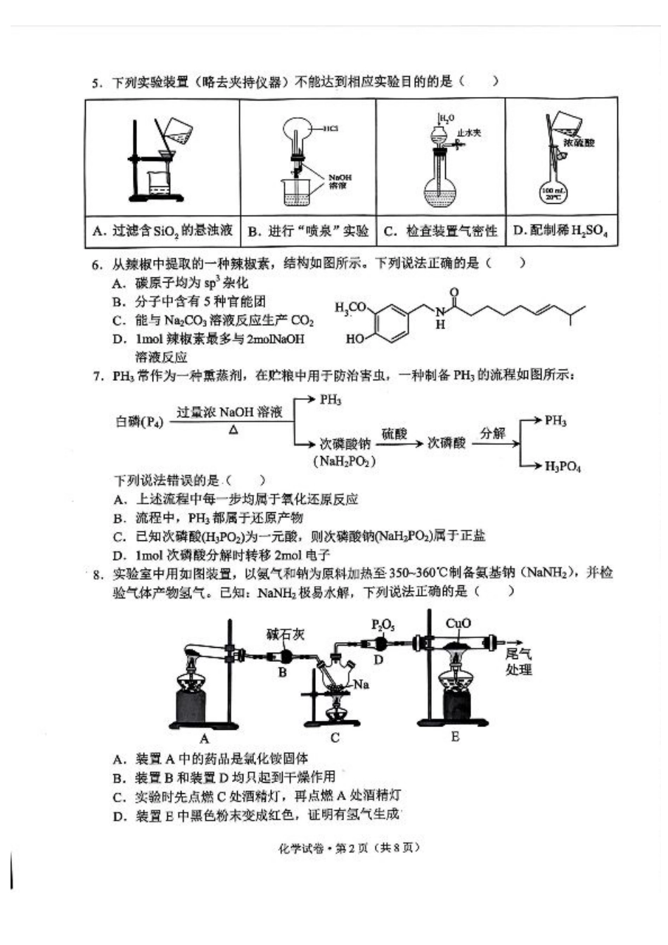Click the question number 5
[x=97, y=83]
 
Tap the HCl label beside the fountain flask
[x=330, y=129]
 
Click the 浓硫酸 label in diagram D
[x=579, y=142]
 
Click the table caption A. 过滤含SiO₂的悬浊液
[x=162, y=230]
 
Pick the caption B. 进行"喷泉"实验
[x=308, y=230]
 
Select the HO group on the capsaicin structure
[x=354, y=339]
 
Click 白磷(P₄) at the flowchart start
[x=139, y=422]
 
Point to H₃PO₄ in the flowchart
[x=563, y=466]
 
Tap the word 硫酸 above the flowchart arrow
[x=394, y=434]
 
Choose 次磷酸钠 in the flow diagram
[x=345, y=444]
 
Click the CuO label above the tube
[x=458, y=623]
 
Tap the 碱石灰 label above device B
[x=285, y=634]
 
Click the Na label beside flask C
[x=361, y=684]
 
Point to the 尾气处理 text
[x=519, y=661]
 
